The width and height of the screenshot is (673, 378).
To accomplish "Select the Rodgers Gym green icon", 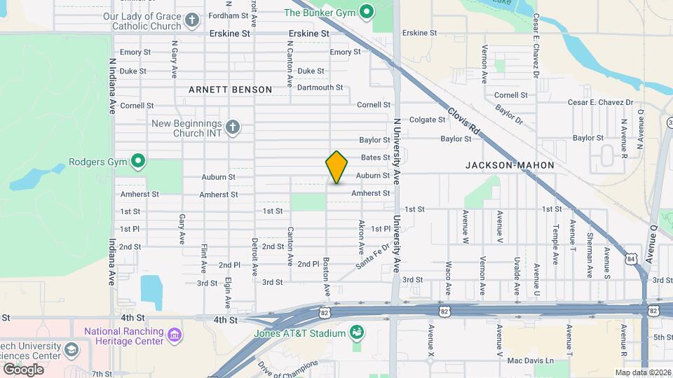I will coord(139,162).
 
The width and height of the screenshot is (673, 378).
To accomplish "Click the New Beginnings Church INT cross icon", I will coord(232,127).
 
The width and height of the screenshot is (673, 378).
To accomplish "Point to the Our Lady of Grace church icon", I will coord(193,20).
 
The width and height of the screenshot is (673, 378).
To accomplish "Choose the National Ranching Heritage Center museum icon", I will coord(174,336).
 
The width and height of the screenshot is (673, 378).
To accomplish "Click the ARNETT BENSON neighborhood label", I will coord(230,90).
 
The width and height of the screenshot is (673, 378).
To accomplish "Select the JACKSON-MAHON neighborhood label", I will coord(510,165).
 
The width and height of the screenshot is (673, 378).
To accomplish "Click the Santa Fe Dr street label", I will coord(372,256).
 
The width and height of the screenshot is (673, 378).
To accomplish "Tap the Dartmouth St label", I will coord(320,87).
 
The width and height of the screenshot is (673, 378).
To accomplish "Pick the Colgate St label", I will coord(428,120).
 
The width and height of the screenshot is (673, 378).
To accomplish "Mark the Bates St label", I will coord(375,157).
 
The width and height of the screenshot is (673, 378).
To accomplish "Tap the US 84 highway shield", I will coord(632,259).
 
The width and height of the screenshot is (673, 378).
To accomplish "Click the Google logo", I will coord(23,369).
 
